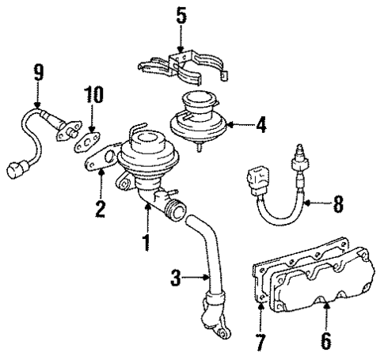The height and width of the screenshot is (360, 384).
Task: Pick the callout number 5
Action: pos(181,15)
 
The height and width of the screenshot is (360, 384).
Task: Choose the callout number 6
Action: pos(325,342)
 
